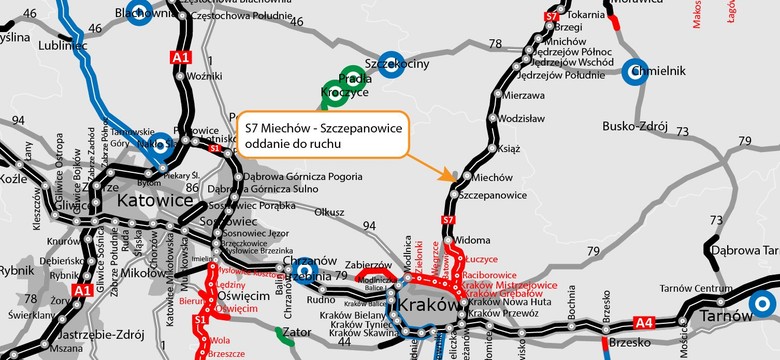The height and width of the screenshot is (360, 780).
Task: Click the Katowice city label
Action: (x=155, y=200)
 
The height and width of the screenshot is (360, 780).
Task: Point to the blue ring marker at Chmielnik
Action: (x=636, y=72)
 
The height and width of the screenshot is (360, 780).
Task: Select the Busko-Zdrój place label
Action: (x=633, y=126)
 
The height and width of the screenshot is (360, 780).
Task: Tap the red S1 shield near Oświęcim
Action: (x=212, y=347)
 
